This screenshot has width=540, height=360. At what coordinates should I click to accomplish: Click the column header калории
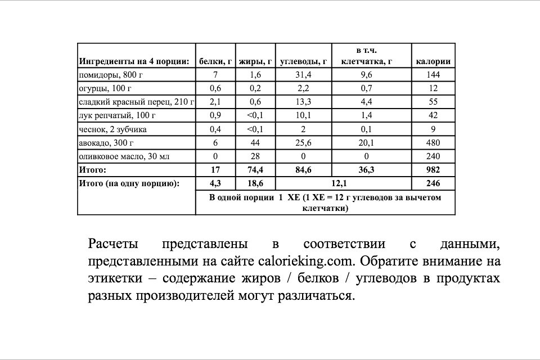point(433,61)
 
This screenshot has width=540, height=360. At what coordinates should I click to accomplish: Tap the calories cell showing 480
point(433,142)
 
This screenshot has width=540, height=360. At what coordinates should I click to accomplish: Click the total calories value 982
point(433,169)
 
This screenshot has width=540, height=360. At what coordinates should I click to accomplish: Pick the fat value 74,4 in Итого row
point(255,169)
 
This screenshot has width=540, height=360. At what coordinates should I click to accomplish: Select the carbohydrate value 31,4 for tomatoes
point(304,75)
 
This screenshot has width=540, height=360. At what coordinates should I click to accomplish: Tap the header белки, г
point(214,61)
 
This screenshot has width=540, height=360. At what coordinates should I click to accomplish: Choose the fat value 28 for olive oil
point(255,156)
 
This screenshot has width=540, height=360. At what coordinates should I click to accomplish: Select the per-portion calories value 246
point(433,183)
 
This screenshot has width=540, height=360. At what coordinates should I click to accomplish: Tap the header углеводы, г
point(304,61)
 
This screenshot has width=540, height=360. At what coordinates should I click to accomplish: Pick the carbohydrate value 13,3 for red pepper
point(304,102)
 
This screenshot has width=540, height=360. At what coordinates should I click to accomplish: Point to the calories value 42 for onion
point(433,115)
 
